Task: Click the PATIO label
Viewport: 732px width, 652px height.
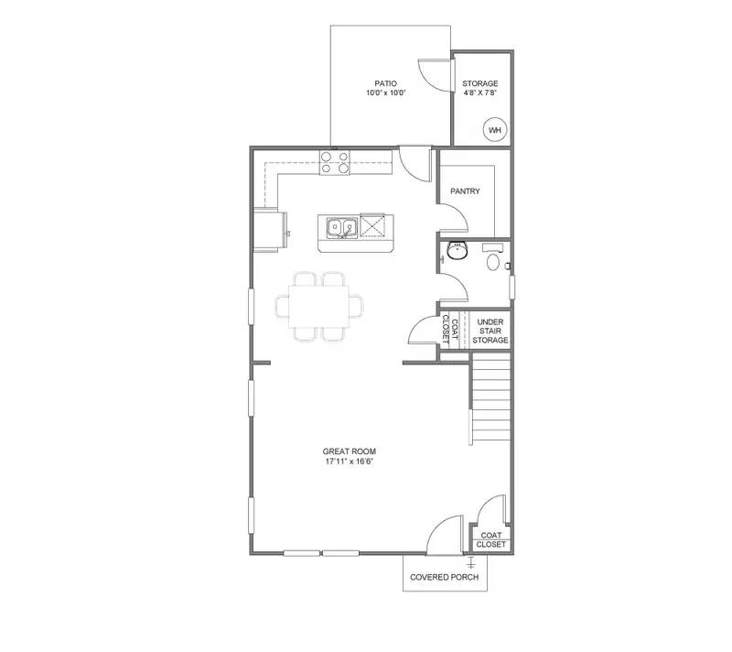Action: coord(383,82)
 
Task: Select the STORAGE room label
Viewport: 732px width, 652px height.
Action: coord(480,82)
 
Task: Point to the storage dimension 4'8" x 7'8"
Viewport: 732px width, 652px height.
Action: coord(480,92)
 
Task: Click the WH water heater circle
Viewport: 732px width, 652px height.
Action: coord(495,131)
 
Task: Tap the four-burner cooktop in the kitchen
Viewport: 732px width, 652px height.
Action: coord(334,162)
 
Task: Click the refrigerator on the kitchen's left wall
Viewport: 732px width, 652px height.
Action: coord(271,229)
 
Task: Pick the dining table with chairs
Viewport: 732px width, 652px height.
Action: coord(319,307)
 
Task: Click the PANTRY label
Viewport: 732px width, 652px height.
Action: coord(466,191)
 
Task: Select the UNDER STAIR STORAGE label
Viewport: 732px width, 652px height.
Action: coord(490,331)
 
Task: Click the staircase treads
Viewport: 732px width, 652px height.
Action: coord(490,398)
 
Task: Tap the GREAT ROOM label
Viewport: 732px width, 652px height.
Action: coord(349,451)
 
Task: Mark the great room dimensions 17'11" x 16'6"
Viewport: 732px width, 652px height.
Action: coord(349,462)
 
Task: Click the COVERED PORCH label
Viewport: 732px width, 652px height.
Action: coord(446,577)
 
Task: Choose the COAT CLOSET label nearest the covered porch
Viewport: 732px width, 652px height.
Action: coord(490,538)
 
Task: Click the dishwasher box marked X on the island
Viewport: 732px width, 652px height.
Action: coord(374,224)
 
